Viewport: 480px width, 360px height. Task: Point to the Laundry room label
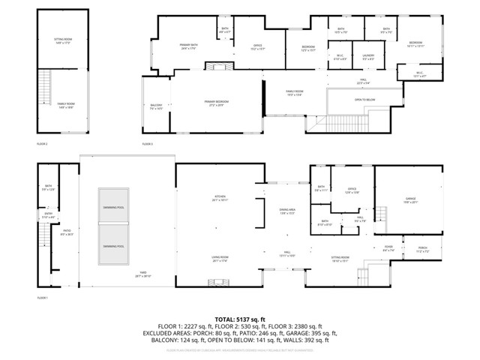(x=368, y=55)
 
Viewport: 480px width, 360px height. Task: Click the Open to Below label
(x=365, y=99)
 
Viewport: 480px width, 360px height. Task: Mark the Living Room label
(x=220, y=259)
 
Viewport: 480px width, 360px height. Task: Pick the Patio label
(x=67, y=232)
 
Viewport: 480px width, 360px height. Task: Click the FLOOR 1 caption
(x=42, y=298)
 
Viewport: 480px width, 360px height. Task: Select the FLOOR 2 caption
(x=42, y=143)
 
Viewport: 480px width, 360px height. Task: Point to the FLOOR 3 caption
(x=147, y=143)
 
